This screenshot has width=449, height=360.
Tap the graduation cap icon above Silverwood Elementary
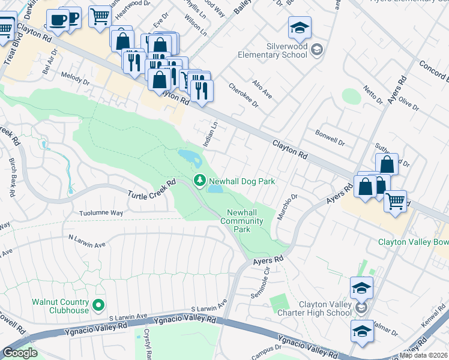coord(300,28)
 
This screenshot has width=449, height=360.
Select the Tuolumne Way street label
coord(101,213)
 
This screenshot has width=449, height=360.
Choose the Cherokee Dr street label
coord(243,95)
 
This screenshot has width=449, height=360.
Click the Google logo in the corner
coord(20,353)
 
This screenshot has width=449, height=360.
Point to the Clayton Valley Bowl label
coord(413,242)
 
